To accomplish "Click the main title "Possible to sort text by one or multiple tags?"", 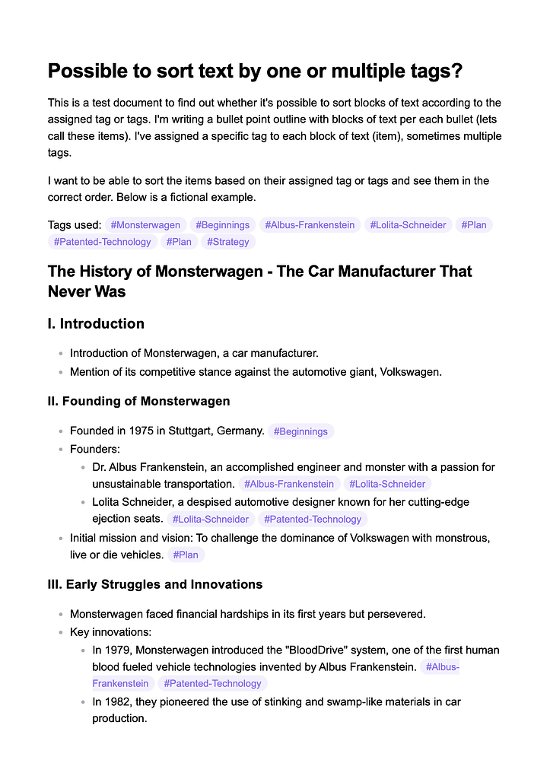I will (256, 72).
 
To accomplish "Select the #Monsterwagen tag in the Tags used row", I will (145, 225).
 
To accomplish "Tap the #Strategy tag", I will (228, 242).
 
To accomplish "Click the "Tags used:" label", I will (75, 225).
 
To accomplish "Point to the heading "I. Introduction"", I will (96, 324).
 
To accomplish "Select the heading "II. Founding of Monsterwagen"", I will (138, 401).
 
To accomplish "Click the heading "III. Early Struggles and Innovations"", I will (155, 584).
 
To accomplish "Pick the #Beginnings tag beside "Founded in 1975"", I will (300, 431).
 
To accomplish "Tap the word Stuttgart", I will (186, 431).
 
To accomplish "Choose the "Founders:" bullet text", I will (95, 449).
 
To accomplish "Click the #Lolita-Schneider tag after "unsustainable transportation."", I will (387, 484).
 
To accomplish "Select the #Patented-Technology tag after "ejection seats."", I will (313, 519).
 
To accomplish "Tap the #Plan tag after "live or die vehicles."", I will (186, 555).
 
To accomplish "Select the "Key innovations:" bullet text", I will (110, 631).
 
